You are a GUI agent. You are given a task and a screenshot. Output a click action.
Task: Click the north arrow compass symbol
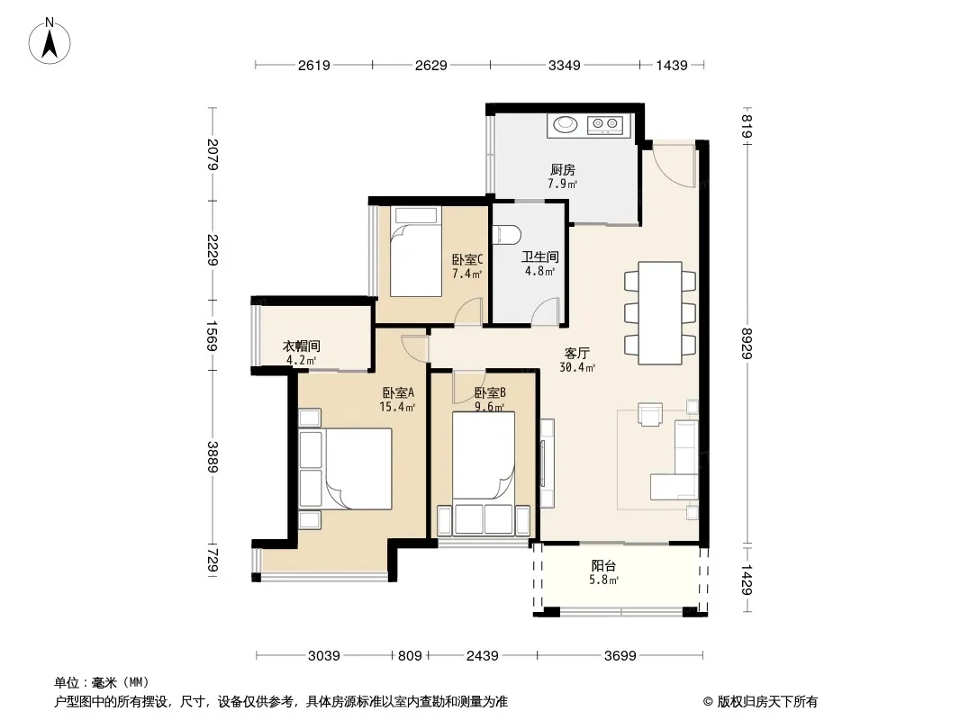[50, 41]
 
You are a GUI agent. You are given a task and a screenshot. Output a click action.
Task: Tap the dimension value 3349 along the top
[564, 65]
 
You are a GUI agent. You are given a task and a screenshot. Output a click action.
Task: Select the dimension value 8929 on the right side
[747, 343]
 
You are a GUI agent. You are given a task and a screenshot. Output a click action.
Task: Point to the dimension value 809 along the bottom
[410, 656]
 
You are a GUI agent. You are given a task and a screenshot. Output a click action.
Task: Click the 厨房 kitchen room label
[563, 169]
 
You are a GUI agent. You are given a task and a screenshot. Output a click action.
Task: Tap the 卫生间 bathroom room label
[539, 256]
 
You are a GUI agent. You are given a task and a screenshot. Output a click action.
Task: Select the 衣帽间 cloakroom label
[301, 346]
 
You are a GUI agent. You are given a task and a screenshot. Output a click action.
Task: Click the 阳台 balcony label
[603, 566]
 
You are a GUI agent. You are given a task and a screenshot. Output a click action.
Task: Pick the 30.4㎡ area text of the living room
[576, 367]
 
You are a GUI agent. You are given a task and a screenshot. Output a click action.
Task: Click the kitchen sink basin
[566, 124]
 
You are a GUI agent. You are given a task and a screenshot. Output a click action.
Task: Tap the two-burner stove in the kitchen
[605, 125]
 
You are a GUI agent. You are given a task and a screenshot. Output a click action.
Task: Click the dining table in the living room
[660, 313]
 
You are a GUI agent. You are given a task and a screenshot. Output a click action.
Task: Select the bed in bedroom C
[416, 251]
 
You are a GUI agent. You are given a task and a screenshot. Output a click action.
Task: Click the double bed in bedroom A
[358, 469]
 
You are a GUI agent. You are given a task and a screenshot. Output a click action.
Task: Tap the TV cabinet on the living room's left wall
[547, 463]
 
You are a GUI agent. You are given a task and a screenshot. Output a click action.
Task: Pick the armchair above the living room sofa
[650, 413]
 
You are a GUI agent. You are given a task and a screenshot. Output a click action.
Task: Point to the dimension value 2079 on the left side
[213, 154]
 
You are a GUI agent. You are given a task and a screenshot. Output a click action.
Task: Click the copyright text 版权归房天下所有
[766, 702]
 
